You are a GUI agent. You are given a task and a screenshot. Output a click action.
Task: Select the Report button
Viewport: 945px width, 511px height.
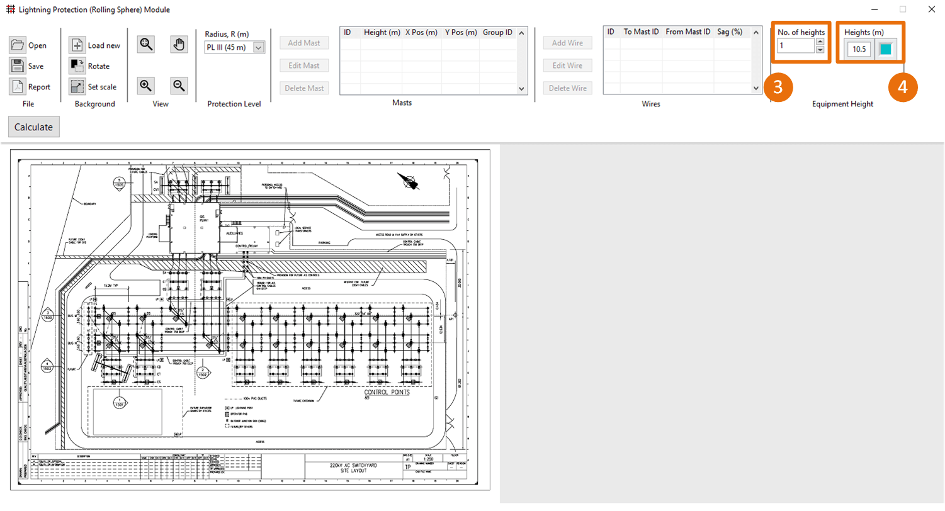(30, 87)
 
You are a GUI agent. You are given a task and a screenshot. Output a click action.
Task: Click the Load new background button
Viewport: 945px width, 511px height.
(95, 45)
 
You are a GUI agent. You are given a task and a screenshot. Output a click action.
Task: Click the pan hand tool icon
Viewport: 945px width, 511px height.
(179, 44)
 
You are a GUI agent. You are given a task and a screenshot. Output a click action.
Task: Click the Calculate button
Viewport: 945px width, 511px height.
(33, 126)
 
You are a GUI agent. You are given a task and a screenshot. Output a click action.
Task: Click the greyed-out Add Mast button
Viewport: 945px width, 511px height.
(304, 43)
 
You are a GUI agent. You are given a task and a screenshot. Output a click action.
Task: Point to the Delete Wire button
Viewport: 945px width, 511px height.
(567, 88)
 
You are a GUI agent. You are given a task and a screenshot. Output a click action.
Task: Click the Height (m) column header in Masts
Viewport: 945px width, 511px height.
(382, 32)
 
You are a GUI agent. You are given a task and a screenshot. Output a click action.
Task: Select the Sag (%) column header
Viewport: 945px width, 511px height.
(730, 31)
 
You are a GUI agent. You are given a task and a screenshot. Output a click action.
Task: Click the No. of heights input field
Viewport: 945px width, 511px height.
(795, 45)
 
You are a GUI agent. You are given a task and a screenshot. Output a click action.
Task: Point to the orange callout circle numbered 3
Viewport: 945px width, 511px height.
(778, 87)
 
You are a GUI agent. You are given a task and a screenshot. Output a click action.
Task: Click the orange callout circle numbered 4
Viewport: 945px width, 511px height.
(902, 87)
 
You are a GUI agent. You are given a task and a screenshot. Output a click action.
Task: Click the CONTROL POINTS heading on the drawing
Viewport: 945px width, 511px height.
(387, 392)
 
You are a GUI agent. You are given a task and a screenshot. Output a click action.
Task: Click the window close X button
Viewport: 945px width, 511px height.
(931, 9)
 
